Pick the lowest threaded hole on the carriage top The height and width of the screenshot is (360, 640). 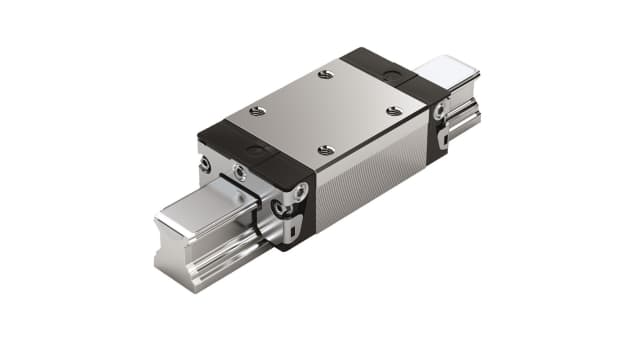325,150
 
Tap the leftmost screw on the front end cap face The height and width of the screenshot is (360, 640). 204,164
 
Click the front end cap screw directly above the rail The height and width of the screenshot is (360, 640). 240,174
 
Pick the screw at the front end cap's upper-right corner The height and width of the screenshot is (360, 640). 296,186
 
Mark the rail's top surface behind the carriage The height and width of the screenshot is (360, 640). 445,71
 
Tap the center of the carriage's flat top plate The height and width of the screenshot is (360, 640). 325,112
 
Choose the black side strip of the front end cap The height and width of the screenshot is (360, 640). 300,215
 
